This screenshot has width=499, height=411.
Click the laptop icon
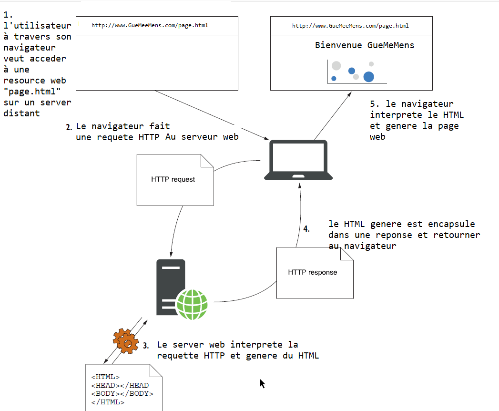pyautogui.click(x=298, y=160)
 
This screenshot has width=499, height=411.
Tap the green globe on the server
pyautogui.click(x=192, y=304)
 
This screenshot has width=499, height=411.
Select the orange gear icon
pyautogui.click(x=126, y=341)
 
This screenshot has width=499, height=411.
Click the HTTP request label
pyautogui.click(x=173, y=179)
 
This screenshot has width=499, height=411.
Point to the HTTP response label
pyautogui.click(x=313, y=272)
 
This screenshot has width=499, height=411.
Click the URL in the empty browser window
pyautogui.click(x=150, y=25)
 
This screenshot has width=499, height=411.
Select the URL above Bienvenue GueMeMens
pyautogui.click(x=350, y=26)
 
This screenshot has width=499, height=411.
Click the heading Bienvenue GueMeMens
pyautogui.click(x=365, y=45)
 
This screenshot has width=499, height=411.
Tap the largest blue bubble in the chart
pyautogui.click(x=368, y=77)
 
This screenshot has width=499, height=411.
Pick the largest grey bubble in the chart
pyautogui.click(x=336, y=66)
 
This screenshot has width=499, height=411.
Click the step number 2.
pyautogui.click(x=69, y=127)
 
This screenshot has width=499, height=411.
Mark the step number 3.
pyautogui.click(x=146, y=346)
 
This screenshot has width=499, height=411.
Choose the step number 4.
pyautogui.click(x=306, y=229)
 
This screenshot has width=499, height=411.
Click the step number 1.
pyautogui.click(x=8, y=15)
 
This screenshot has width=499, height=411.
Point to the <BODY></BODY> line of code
pyautogui.click(x=122, y=393)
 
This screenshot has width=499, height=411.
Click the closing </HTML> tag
pyautogui.click(x=108, y=402)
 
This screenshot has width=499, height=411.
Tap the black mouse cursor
pyautogui.click(x=262, y=383)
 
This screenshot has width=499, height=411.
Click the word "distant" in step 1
pyautogui.click(x=21, y=113)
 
